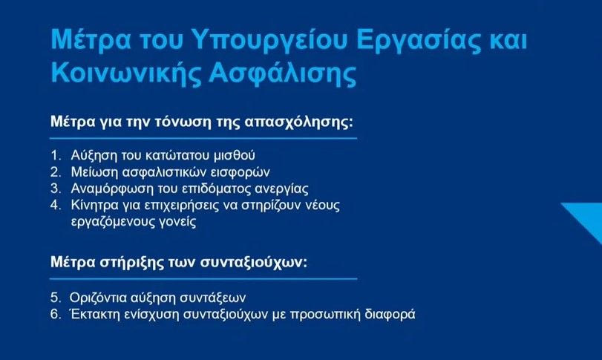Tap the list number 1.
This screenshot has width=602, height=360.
[x=56, y=155]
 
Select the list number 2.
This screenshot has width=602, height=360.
[x=56, y=172]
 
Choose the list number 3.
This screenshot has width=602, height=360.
[x=56, y=189]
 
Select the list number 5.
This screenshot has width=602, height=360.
[x=56, y=298]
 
